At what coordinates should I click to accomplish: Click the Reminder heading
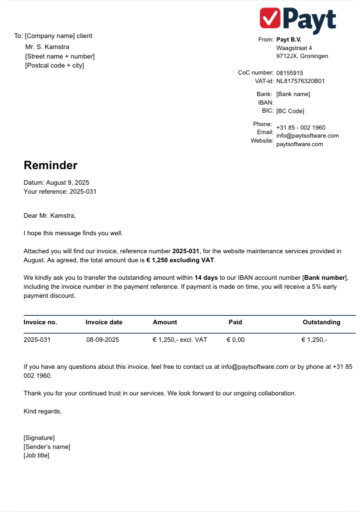pyautogui.click(x=50, y=165)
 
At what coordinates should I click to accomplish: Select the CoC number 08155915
pyautogui.click(x=289, y=73)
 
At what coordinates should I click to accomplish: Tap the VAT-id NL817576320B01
pyautogui.click(x=300, y=81)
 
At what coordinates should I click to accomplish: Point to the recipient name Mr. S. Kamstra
pyautogui.click(x=47, y=47)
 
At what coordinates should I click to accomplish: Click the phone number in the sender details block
pyautogui.click(x=301, y=128)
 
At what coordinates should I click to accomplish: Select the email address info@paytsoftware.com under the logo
pyautogui.click(x=307, y=136)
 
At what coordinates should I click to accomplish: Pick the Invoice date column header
pyautogui.click(x=104, y=322)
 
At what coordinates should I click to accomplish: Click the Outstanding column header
pyautogui.click(x=321, y=322)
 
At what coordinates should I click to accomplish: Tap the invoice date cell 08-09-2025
pyautogui.click(x=102, y=340)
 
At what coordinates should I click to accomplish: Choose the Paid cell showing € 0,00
pyautogui.click(x=235, y=340)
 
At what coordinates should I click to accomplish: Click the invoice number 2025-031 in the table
pyautogui.click(x=37, y=340)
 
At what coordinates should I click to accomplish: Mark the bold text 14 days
pyautogui.click(x=206, y=277)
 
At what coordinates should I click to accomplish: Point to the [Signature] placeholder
pyautogui.click(x=39, y=438)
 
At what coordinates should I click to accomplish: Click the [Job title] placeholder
pyautogui.click(x=36, y=455)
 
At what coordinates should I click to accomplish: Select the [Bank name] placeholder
pyautogui.click(x=293, y=94)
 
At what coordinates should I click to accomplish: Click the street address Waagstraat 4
pyautogui.click(x=294, y=48)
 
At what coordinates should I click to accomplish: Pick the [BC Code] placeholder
pyautogui.click(x=290, y=111)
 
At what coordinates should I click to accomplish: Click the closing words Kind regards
pyautogui.click(x=42, y=411)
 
